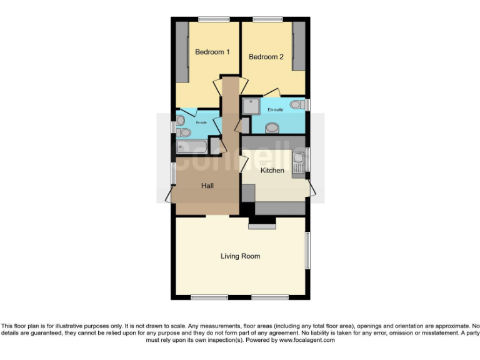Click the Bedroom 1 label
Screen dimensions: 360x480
212,52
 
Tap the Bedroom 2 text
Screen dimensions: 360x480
266,57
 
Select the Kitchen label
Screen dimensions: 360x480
272,170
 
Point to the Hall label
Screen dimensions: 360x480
207,186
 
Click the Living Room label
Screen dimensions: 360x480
240,256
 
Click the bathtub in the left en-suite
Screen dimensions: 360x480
192,147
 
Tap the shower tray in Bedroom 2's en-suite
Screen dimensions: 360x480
251,107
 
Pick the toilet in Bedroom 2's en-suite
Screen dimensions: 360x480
297,104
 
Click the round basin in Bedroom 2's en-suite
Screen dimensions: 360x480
272,128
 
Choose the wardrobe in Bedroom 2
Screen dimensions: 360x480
299,46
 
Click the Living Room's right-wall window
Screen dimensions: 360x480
307,251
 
